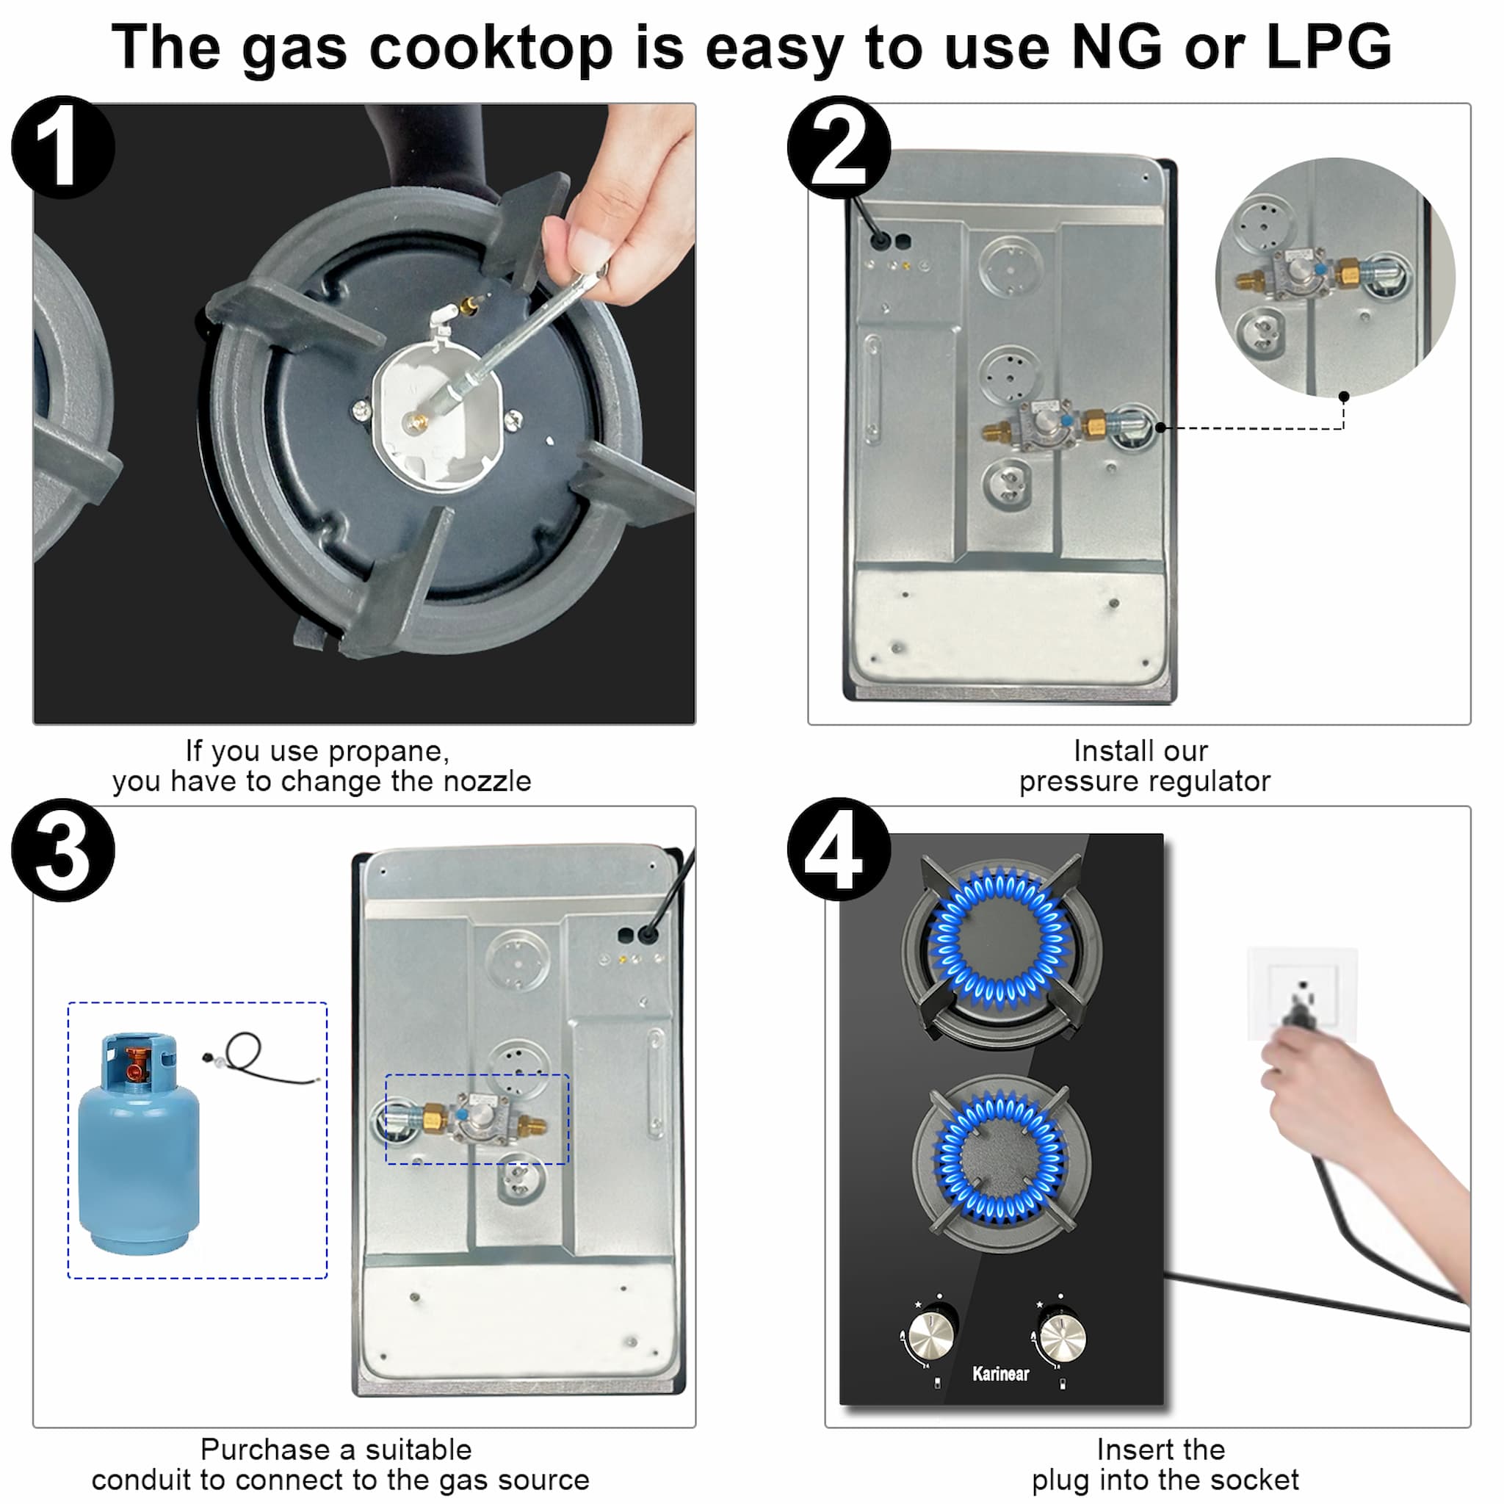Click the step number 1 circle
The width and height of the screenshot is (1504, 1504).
pos(63,147)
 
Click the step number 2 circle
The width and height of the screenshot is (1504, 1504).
pos(839,147)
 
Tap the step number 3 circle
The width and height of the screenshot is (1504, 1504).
pos(63,850)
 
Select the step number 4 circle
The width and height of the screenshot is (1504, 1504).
pos(839,850)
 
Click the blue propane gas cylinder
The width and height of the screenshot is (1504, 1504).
pos(140,1144)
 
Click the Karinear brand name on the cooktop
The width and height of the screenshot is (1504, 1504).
pos(1000,1374)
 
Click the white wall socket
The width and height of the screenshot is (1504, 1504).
pos(1301,993)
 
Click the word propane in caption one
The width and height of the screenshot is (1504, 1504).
pos(388,752)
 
